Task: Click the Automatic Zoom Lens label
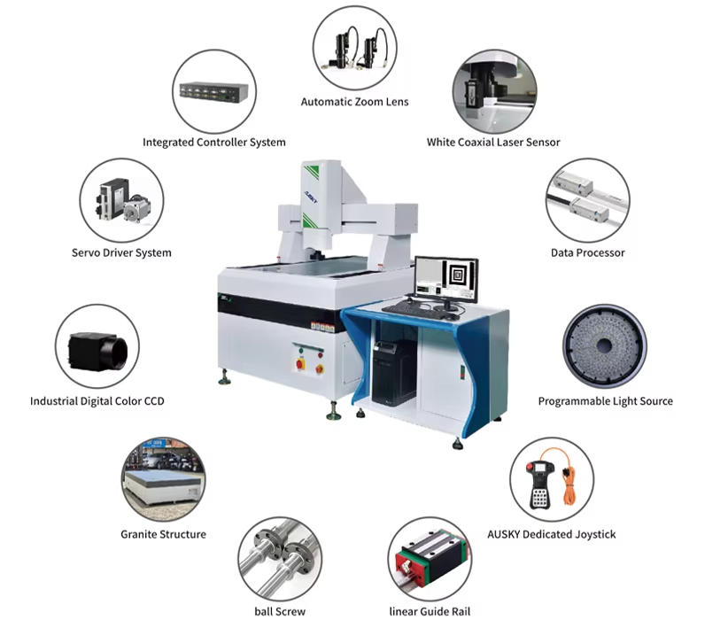pos(355,102)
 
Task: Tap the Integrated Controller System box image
pos(214,92)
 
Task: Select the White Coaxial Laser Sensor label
pos(493,142)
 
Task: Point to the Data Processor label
pos(587,252)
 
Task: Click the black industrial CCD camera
pos(98,351)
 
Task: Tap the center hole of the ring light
pos(604,345)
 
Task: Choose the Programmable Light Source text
pos(606,401)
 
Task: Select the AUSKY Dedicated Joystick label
pos(551,534)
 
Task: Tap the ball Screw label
pos(280,611)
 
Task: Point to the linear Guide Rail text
pos(430,611)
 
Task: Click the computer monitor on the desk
pos(446,281)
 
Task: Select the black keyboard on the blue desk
pos(408,308)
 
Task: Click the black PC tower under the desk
pos(394,373)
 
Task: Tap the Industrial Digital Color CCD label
pos(97,401)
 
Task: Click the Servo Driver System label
pos(121,252)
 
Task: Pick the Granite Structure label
pos(164,534)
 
